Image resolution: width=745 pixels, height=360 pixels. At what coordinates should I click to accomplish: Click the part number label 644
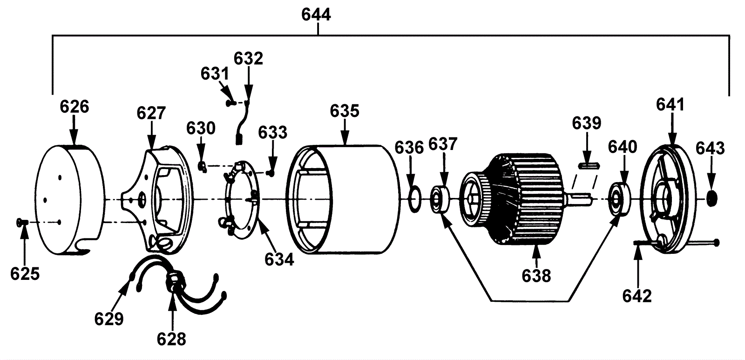(316, 15)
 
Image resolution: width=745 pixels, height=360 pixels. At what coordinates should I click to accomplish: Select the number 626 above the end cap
(74, 107)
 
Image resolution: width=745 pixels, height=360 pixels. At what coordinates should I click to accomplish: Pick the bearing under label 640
(620, 200)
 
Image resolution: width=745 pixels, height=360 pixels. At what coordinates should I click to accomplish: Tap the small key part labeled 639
(589, 165)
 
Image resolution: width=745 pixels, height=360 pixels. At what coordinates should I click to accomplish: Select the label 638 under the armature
(536, 276)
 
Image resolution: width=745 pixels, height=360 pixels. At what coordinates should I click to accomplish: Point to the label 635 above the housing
(345, 111)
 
